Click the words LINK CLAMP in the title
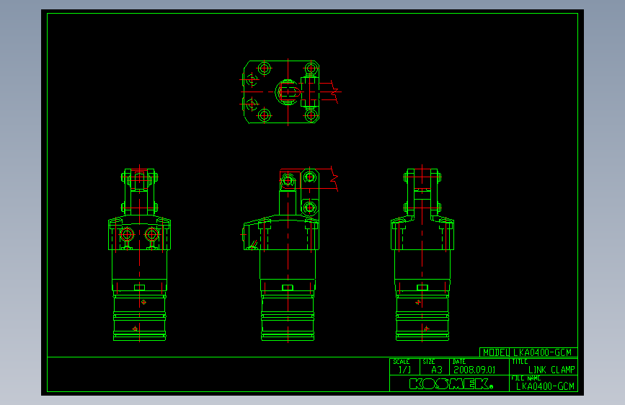pyautogui.click(x=551, y=370)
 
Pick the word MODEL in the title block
pyautogui.click(x=497, y=352)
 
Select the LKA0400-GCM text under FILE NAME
pyautogui.click(x=546, y=386)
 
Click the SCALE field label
pyautogui.click(x=402, y=362)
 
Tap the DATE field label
pyautogui.click(x=458, y=362)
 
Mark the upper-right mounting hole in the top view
pyautogui.click(x=311, y=68)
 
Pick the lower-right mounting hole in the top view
pyautogui.click(x=311, y=115)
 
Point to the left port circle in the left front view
pyautogui.click(x=128, y=234)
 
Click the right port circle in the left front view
pyautogui.click(x=151, y=234)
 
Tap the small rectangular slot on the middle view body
pyautogui.click(x=287, y=288)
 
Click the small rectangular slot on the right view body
pyautogui.click(x=422, y=288)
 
